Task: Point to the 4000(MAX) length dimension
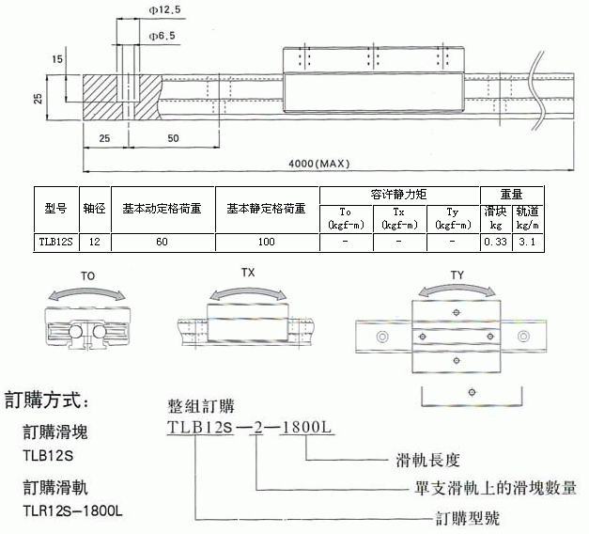coord(318,163)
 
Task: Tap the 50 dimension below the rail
coord(174,138)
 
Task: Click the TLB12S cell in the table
coord(55,243)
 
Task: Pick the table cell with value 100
coord(267,243)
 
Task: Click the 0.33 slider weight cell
coord(494,243)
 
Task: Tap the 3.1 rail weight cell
coord(527,243)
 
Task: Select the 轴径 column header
coord(93,208)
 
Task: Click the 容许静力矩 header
coord(399,193)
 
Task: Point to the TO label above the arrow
coord(87,277)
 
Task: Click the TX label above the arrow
coord(248,272)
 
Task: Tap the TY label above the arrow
coord(457,275)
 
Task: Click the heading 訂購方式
coord(48,400)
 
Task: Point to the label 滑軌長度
coord(427,461)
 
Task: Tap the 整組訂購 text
coord(201,407)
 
